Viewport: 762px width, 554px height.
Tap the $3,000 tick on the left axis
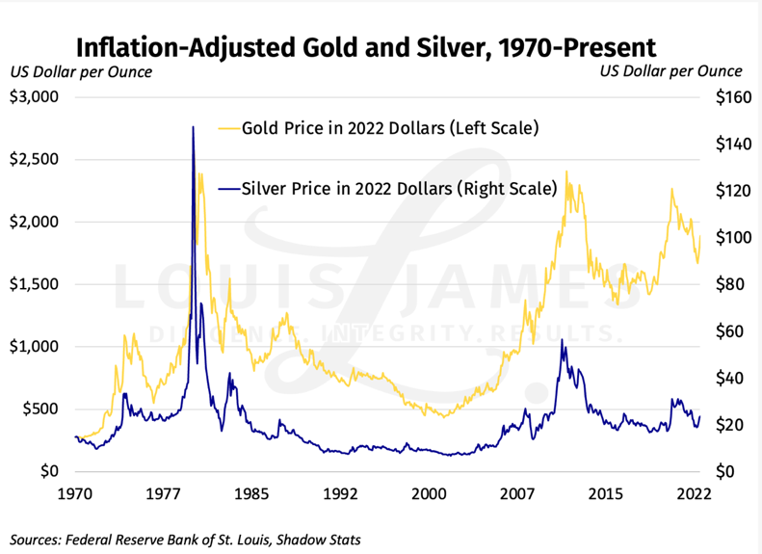pyautogui.click(x=35, y=97)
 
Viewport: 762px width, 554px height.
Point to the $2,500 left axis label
pyautogui.click(x=35, y=160)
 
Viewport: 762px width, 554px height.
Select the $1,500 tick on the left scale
pyautogui.click(x=35, y=284)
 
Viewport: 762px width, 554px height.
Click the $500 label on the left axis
pyautogui.click(x=40, y=409)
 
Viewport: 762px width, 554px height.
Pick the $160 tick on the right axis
pyautogui.click(x=730, y=97)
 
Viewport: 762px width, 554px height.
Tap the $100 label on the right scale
pyautogui.click(x=730, y=238)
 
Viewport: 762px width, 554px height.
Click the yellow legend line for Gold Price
pyautogui.click(x=229, y=127)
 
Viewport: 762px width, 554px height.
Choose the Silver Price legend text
pyautogui.click(x=399, y=189)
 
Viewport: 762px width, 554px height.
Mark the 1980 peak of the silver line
pyautogui.click(x=193, y=127)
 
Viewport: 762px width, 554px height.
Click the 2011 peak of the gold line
pyautogui.click(x=566, y=172)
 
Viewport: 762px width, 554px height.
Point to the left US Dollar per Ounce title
pyautogui.click(x=81, y=71)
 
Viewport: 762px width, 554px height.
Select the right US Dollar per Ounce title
pyautogui.click(x=671, y=71)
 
